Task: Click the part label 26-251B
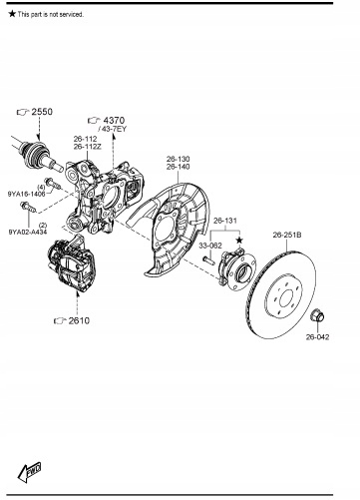click(287, 235)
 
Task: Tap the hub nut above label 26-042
click(317, 315)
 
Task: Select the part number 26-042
click(317, 337)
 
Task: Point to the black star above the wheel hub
click(239, 241)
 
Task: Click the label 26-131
click(225, 221)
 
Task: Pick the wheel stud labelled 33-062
click(208, 259)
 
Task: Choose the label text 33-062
click(210, 246)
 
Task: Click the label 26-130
click(179, 159)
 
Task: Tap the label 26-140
click(179, 167)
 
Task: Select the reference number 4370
click(114, 120)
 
